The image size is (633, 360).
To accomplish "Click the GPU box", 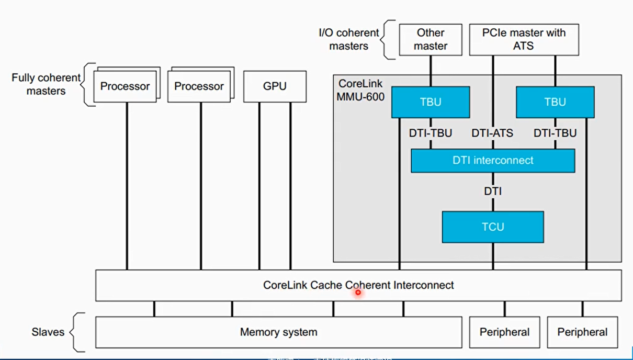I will tap(275, 86).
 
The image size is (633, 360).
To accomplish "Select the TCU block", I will tap(493, 227).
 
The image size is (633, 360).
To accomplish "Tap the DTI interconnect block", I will tap(493, 161).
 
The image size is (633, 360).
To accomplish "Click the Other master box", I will tap(431, 39).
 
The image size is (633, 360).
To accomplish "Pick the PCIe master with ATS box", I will tap(524, 39).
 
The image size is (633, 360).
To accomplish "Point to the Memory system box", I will tap(278, 332).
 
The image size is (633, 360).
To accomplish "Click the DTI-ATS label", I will tap(492, 133).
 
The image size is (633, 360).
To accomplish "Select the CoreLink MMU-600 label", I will tap(361, 90).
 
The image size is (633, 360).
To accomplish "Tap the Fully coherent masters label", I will tap(46, 84).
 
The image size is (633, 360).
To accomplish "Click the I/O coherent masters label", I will tap(349, 39).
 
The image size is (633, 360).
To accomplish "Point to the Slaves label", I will tap(48, 332).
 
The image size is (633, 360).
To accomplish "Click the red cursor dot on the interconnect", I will tap(358, 292).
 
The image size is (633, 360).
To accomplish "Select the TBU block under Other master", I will tap(431, 102).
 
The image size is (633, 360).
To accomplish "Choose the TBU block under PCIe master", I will tap(555, 102).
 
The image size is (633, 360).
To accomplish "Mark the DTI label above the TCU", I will tap(493, 192).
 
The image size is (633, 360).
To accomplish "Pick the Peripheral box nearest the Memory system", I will tap(505, 332).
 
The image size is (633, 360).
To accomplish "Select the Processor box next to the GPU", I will tap(199, 86).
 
